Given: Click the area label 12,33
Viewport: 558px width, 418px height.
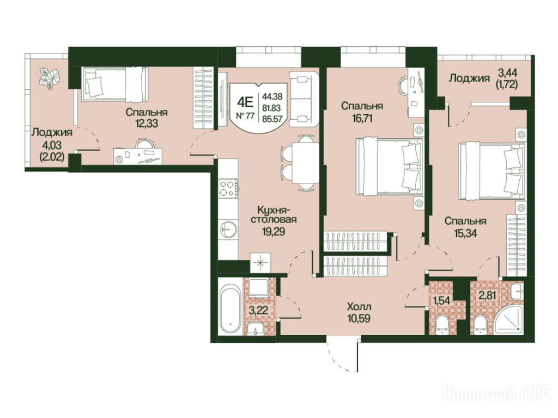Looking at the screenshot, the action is (x=146, y=124).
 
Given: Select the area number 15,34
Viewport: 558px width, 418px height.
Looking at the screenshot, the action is (x=465, y=233).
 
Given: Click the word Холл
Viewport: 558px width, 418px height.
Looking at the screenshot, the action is (x=359, y=306).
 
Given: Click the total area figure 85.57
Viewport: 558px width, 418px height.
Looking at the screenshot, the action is (x=272, y=119).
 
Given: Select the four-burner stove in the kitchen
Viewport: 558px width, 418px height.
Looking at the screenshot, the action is (x=228, y=188).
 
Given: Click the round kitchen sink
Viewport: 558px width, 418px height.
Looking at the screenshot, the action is (x=228, y=229).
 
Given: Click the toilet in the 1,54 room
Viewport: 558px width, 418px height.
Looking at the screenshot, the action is (x=442, y=325).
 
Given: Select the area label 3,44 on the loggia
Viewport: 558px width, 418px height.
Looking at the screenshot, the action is (x=507, y=73).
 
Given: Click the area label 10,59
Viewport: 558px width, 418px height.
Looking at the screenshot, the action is (x=359, y=318).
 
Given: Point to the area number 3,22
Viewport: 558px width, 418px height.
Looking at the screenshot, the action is (x=258, y=310).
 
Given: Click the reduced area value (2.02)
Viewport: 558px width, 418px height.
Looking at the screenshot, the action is (x=52, y=156).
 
